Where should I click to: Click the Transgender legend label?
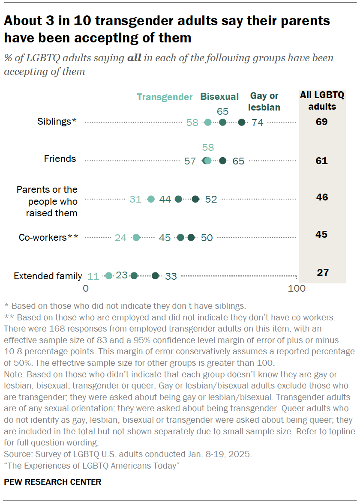[165, 97]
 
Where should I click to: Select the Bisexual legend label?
[219, 97]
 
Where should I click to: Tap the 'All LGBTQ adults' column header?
[321, 101]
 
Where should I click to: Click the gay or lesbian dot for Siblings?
[242, 123]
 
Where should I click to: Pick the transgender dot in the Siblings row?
[208, 123]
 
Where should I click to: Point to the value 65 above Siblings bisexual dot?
[222, 111]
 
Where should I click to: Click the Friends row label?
[60, 159]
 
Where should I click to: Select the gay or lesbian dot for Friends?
[222, 161]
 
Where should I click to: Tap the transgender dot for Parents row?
[151, 199]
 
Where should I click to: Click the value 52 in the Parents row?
[211, 199]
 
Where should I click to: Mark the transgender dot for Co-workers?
[136, 238]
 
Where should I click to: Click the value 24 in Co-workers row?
[120, 238]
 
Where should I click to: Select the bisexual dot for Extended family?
[134, 276]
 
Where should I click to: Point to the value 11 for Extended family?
[93, 276]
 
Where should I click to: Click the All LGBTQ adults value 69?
[321, 122]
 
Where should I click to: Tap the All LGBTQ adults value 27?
[322, 273]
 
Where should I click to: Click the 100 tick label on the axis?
[297, 289]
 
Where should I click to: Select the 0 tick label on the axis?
[86, 289]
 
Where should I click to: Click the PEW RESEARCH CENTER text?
[53, 482]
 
